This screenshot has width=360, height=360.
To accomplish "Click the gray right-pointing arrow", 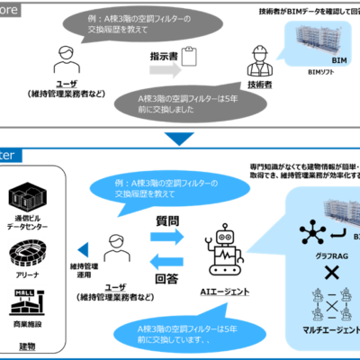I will pyautogui.click(x=165, y=70).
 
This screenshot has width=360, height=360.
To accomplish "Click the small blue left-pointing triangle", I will pyautogui.click(x=82, y=249).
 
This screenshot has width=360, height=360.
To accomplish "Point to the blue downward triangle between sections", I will pyautogui.click(x=179, y=138).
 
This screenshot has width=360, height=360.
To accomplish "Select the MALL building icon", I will pyautogui.click(x=22, y=302).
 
